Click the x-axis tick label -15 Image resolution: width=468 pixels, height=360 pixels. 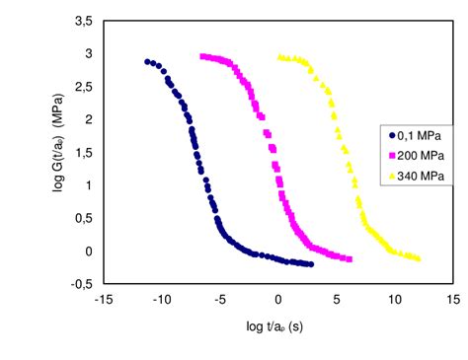tap(104, 298)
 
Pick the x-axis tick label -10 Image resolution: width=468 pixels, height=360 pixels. tap(162, 298)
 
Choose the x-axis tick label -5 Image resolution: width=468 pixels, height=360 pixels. tap(220, 298)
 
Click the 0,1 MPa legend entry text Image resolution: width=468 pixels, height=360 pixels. tap(417, 136)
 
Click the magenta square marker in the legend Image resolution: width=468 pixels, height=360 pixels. tap(392, 155)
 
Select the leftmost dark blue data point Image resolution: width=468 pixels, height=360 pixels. tap(147, 61)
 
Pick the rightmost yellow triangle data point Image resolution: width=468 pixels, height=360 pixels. tap(418, 258)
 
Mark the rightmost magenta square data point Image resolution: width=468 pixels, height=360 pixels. tap(350, 259)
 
